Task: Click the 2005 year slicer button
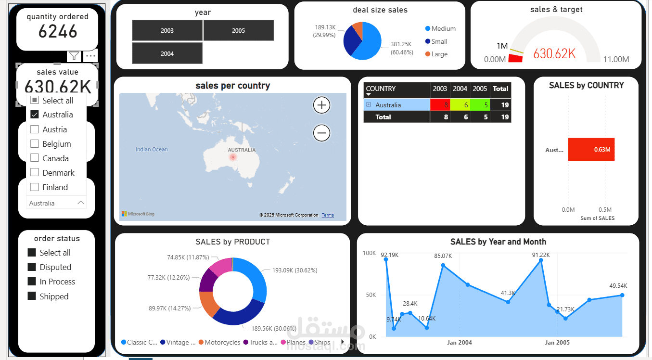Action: (239, 30)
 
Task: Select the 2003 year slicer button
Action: (167, 30)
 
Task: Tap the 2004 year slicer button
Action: (167, 53)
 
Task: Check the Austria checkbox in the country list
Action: (35, 129)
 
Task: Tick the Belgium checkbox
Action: (35, 144)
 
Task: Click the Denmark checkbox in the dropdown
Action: (35, 173)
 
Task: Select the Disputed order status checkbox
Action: (32, 267)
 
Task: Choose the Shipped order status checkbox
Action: (32, 296)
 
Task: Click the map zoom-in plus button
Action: (321, 105)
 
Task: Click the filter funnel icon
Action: (74, 56)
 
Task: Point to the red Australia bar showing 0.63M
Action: (591, 150)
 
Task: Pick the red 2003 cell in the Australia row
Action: (439, 105)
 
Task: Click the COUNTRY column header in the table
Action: (381, 89)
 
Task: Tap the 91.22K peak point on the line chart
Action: (541, 260)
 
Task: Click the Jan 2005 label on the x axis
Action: (557, 343)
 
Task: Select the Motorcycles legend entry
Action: (222, 343)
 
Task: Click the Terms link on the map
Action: (328, 215)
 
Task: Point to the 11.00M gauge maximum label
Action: (616, 60)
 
